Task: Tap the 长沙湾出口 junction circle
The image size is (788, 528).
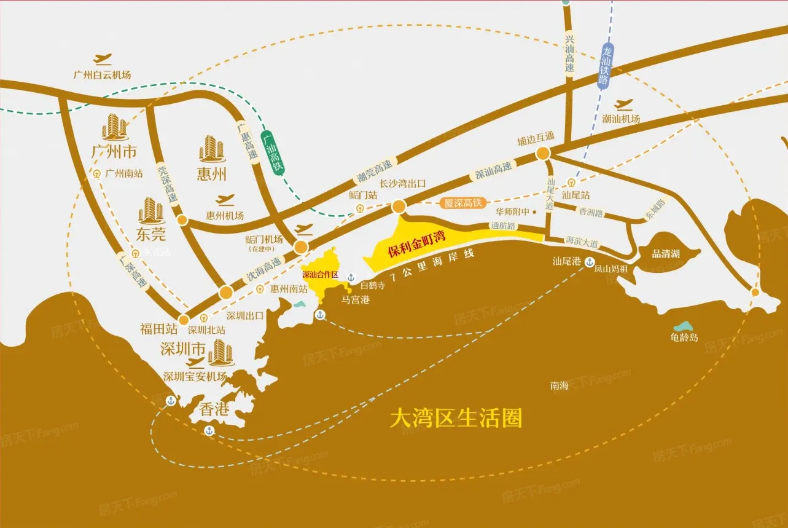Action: coord(399,205)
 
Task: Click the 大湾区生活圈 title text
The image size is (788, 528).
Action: coord(456,419)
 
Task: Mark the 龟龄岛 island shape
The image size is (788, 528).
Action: coord(681,326)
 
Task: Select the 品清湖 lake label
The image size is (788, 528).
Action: coord(666,253)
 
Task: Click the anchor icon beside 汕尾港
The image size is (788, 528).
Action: coord(589,261)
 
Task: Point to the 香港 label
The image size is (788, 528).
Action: coord(214,409)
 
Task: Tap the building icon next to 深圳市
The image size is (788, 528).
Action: coord(220,352)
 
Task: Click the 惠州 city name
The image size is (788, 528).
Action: coord(212,175)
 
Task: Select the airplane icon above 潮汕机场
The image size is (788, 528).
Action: coord(623,104)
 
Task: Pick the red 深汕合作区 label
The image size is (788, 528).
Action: coord(320,275)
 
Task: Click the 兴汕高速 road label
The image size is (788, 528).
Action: coord(569,54)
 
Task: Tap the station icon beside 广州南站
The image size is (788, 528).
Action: coord(97,174)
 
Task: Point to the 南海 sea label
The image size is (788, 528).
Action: coord(559,386)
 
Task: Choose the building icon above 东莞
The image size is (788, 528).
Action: coord(150,211)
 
